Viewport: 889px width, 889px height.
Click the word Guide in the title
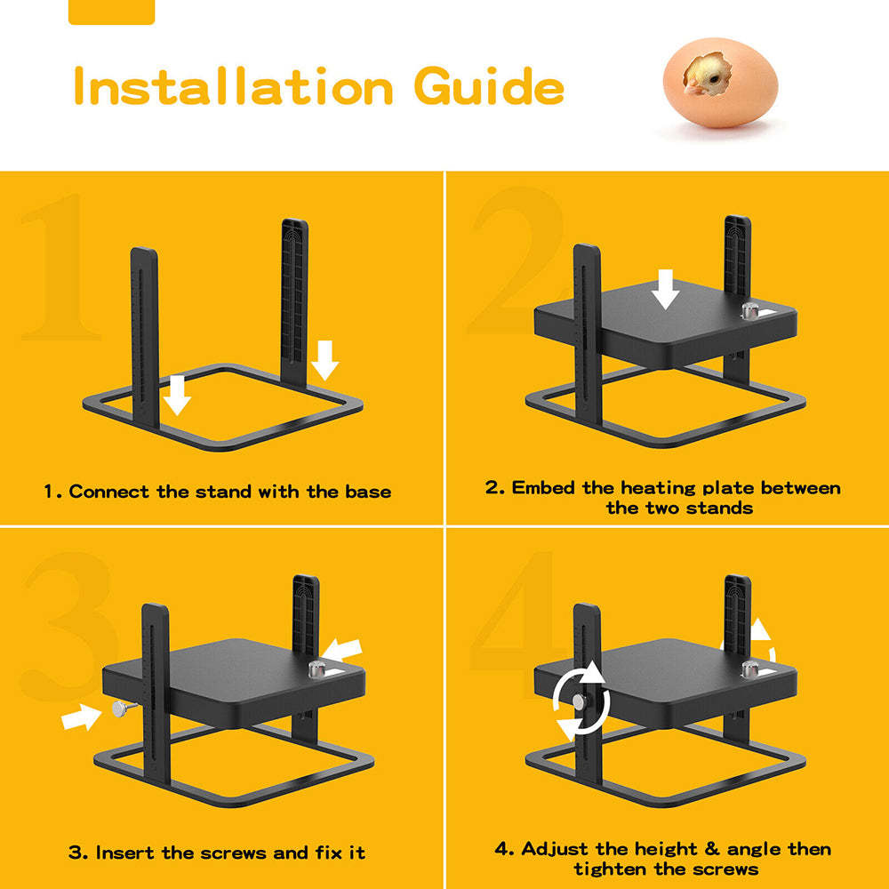[x=488, y=88]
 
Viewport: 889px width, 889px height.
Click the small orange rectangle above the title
[x=111, y=12]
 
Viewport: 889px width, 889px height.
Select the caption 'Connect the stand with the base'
[x=218, y=492]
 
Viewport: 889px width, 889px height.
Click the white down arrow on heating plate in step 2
[x=665, y=290]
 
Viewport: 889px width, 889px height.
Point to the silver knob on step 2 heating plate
[x=751, y=312]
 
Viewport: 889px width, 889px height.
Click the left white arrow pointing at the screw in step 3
[x=82, y=716]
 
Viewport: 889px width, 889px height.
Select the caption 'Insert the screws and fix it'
[x=217, y=853]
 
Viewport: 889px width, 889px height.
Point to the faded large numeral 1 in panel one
[x=58, y=271]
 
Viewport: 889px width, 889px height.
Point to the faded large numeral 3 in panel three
[x=67, y=627]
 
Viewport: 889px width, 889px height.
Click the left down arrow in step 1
[x=178, y=395]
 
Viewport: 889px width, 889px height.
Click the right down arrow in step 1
[x=325, y=359]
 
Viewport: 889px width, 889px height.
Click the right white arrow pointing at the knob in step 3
[x=344, y=650]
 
